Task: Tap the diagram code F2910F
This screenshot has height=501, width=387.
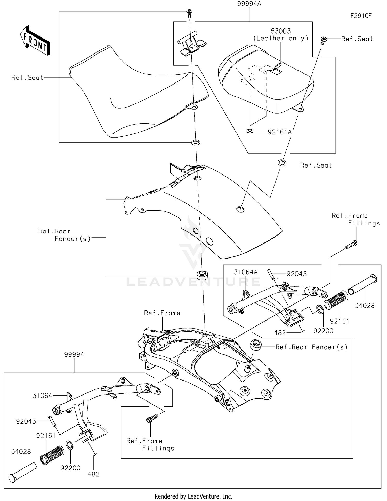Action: pyautogui.click(x=361, y=16)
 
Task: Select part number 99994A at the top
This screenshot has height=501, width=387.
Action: pyautogui.click(x=249, y=4)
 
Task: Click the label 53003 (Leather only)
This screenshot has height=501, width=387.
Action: pyautogui.click(x=281, y=35)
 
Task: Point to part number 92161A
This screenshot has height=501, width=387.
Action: pyautogui.click(x=280, y=132)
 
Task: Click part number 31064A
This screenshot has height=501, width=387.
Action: pyautogui.click(x=246, y=272)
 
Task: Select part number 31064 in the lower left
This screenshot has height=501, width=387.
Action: pyautogui.click(x=42, y=396)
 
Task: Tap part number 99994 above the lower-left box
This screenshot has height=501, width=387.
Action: pyautogui.click(x=74, y=354)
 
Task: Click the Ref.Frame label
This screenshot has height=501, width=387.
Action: pyautogui.click(x=162, y=313)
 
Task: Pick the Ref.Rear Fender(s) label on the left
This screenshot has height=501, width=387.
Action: pyautogui.click(x=64, y=235)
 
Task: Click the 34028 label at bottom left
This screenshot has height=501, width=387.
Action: pyautogui.click(x=21, y=451)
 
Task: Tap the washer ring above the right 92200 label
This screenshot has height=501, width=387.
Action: pyautogui.click(x=320, y=309)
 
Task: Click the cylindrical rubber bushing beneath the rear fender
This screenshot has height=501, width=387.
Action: pyautogui.click(x=202, y=275)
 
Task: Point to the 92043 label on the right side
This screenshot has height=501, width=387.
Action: pyautogui.click(x=297, y=274)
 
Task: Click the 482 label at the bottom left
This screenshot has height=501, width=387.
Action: pyautogui.click(x=93, y=474)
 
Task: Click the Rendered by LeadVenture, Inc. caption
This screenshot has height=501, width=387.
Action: pyautogui.click(x=193, y=496)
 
